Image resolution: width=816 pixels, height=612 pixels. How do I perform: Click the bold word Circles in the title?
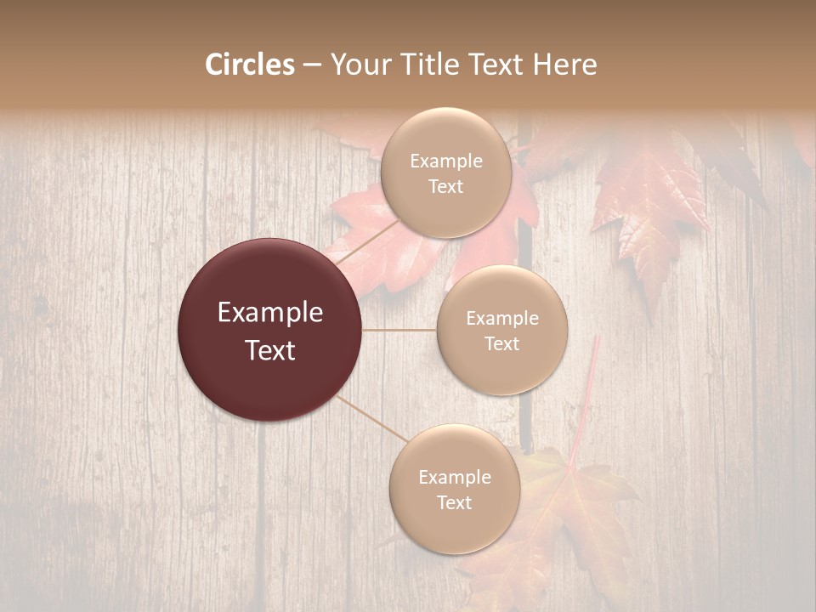click(x=249, y=65)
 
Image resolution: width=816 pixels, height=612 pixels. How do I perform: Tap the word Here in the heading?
click(x=565, y=65)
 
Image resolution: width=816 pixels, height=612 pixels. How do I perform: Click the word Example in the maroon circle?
click(x=269, y=313)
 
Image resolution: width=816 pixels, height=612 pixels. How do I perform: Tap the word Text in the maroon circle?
click(x=269, y=350)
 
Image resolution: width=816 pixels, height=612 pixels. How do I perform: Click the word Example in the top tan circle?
click(x=445, y=161)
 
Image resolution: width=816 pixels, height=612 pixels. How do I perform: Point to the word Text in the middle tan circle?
click(x=501, y=344)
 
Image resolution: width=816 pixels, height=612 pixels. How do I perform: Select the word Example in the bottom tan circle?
click(x=454, y=478)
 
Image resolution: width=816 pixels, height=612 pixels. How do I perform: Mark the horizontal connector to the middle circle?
click(x=399, y=330)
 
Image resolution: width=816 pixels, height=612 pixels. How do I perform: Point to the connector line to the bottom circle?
click(x=371, y=418)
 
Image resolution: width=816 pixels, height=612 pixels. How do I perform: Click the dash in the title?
click(x=312, y=65)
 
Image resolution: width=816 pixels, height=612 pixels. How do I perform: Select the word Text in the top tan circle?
click(x=445, y=187)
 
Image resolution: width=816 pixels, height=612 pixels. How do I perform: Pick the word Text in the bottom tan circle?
click(x=454, y=503)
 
